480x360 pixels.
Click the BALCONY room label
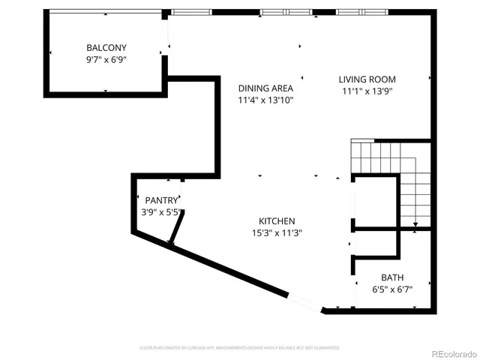click(x=105, y=47)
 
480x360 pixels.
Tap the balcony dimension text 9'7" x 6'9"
click(x=105, y=59)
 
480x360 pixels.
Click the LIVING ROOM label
click(x=367, y=79)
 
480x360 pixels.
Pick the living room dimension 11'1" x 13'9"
click(x=367, y=91)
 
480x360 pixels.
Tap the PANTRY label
click(x=160, y=200)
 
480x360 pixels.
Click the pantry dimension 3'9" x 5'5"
click(x=160, y=212)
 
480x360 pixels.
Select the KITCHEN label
click(x=277, y=221)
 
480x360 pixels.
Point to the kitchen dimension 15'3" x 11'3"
click(x=277, y=233)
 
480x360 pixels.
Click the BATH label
click(x=391, y=277)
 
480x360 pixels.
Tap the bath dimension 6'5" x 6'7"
click(x=391, y=289)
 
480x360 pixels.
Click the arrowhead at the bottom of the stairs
click(x=414, y=223)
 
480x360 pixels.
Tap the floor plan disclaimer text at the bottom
click(x=239, y=348)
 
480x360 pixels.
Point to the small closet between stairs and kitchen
click(x=375, y=202)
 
